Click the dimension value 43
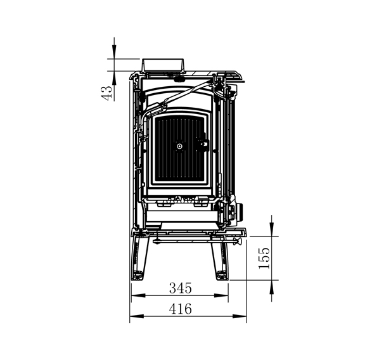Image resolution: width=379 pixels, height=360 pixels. coord(106,93)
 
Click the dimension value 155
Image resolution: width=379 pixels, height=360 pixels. coord(264,258)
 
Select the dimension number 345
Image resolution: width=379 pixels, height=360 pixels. coord(181,288)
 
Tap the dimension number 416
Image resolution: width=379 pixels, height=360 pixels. coord(181,309)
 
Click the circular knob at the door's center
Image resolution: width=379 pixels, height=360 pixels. coord(179,146)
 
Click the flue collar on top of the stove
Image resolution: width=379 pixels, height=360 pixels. coord(163,65)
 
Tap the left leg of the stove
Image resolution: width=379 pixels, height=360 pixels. coord(139,258)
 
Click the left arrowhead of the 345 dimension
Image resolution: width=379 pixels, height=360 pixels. coord(138,295)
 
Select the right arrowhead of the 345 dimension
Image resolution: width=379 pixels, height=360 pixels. coord(221,295)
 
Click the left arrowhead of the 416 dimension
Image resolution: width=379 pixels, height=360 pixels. coord(137,316)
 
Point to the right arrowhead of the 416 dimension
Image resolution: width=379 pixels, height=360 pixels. coord(240,316)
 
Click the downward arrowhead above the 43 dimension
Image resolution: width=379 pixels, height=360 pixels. coord(114,51)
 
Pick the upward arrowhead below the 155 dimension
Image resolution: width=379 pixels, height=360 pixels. coord(272,287)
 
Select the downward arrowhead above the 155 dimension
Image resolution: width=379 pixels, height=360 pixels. coord(272,229)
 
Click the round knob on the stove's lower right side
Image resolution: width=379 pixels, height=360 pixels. coord(240,212)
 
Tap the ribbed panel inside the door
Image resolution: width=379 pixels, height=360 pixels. coord(179,150)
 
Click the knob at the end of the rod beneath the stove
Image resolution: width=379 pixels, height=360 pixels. coord(238,241)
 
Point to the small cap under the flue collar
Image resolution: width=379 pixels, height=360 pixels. coord(178,79)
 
